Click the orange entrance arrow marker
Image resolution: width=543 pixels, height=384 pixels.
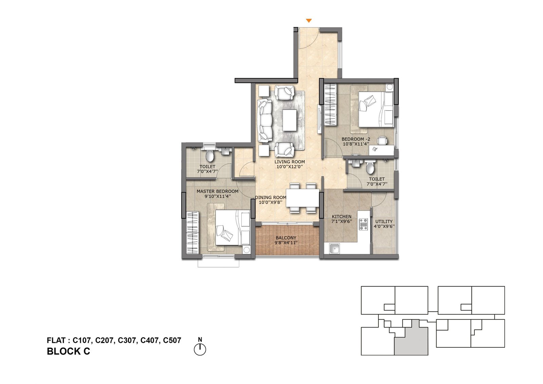pyautogui.click(x=308, y=21)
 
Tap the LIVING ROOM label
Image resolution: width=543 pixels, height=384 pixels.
pyautogui.click(x=290, y=162)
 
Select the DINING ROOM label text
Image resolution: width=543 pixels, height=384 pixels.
pyautogui.click(x=271, y=198)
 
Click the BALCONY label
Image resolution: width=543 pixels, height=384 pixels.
pyautogui.click(x=286, y=238)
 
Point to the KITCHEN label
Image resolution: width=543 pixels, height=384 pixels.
pyautogui.click(x=341, y=216)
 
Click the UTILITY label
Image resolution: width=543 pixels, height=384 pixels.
pyautogui.click(x=384, y=221)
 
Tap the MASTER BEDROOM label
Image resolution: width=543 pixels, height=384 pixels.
pyautogui.click(x=218, y=191)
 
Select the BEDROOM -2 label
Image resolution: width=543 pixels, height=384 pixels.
pyautogui.click(x=356, y=139)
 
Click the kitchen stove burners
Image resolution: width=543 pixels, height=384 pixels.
pyautogui.click(x=363, y=224)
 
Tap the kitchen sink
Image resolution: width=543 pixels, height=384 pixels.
pyautogui.click(x=335, y=249)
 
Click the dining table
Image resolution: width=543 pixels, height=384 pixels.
pyautogui.click(x=302, y=198)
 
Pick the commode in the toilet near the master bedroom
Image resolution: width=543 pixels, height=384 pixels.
pyautogui.click(x=209, y=155)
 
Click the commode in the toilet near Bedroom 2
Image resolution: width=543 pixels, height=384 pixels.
pyautogui.click(x=370, y=167)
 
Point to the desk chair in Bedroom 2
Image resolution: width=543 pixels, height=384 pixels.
pyautogui.click(x=382, y=141)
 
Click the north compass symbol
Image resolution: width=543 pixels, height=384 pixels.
pyautogui.click(x=200, y=348)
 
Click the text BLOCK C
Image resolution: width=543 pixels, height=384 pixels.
pyautogui.click(x=68, y=351)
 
